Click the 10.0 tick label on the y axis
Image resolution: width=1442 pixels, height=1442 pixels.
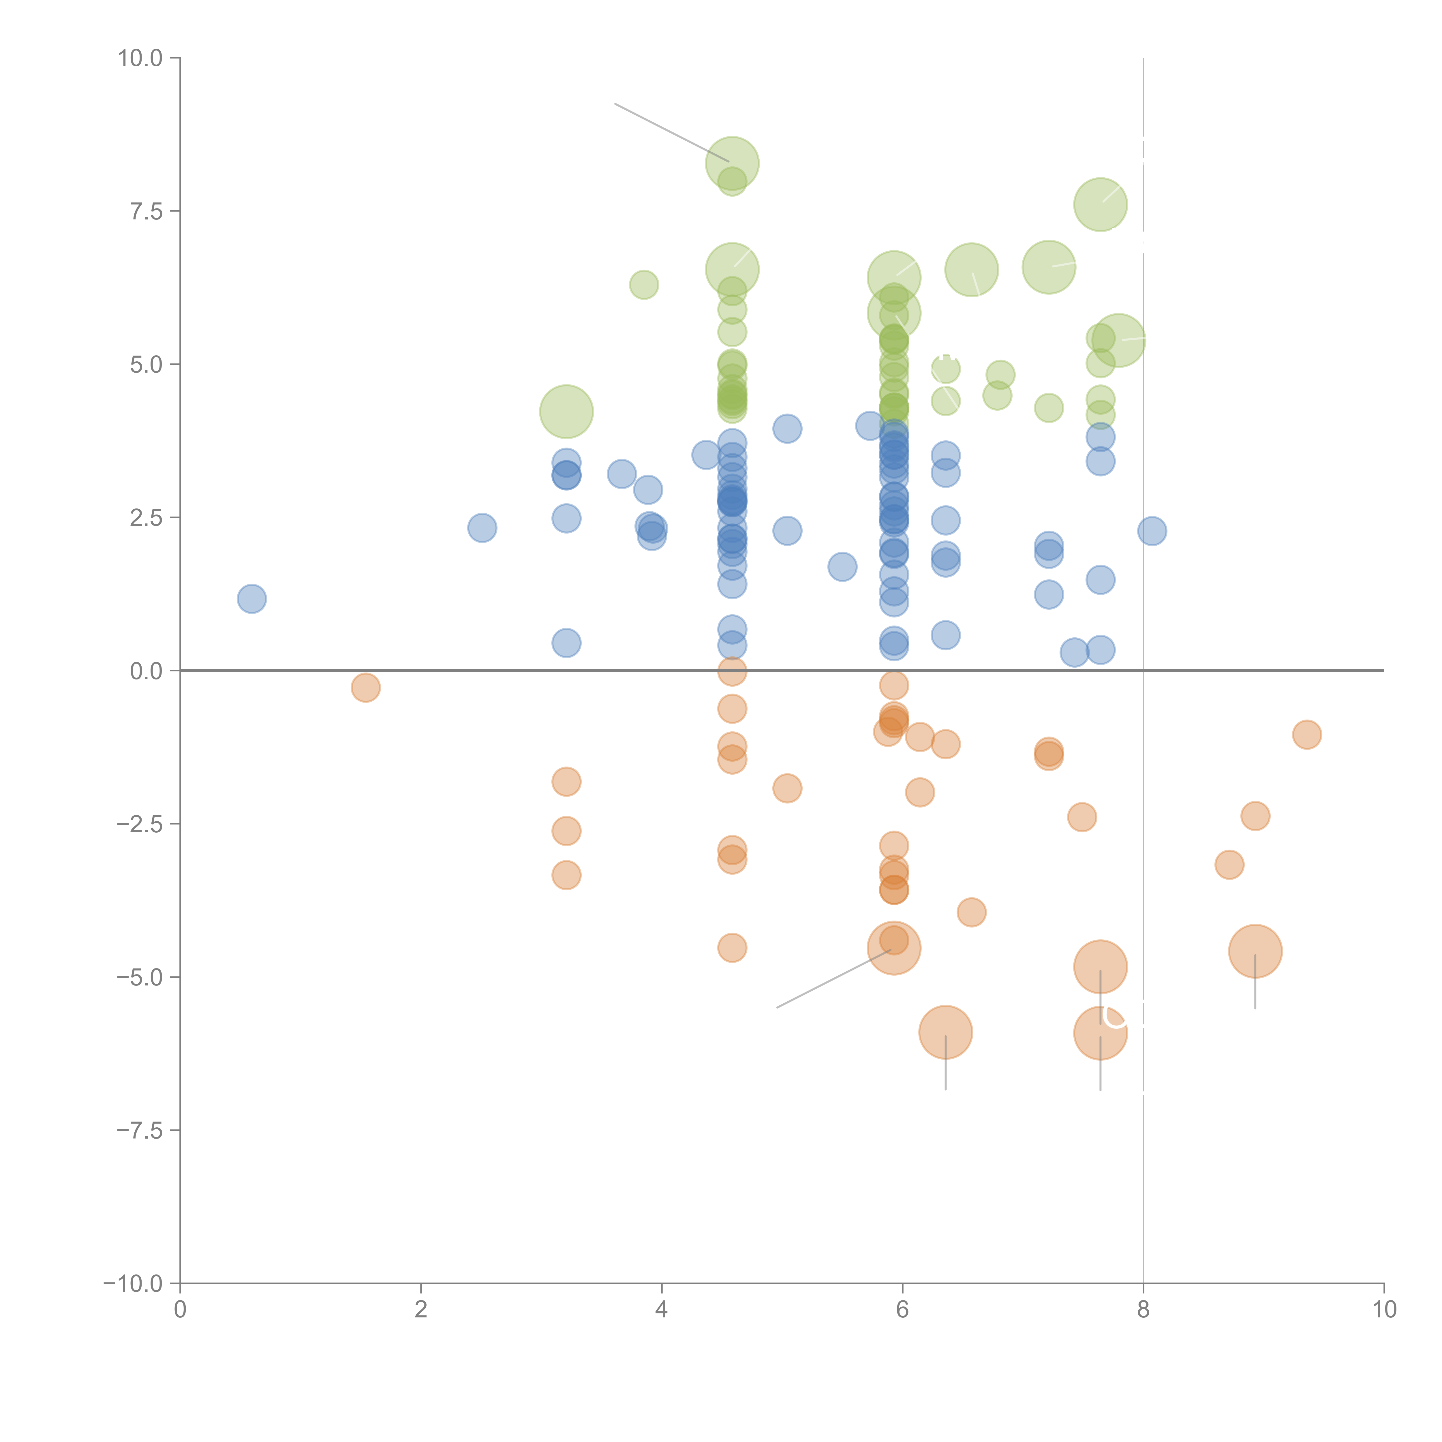point(140,58)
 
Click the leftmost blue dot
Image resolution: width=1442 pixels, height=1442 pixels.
point(251,599)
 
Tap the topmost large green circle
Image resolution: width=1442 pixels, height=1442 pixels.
point(732,164)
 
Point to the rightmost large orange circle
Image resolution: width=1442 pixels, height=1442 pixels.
point(1255,951)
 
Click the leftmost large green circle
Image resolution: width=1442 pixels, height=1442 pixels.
point(566,411)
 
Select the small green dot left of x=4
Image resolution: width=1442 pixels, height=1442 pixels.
point(643,284)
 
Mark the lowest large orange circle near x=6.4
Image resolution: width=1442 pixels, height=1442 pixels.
point(946,1032)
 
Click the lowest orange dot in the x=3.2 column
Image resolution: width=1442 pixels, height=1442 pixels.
point(566,875)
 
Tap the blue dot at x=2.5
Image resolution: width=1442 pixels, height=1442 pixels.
point(482,528)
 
